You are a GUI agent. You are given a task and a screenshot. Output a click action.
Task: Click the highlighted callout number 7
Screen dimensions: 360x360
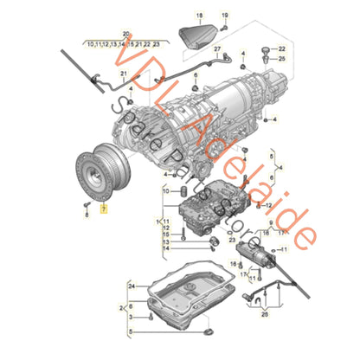click(x=106, y=209)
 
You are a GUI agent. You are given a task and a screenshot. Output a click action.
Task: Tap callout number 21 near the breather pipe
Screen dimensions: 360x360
click(x=123, y=74)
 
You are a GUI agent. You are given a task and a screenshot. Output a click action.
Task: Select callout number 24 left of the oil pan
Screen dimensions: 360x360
click(x=131, y=285)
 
